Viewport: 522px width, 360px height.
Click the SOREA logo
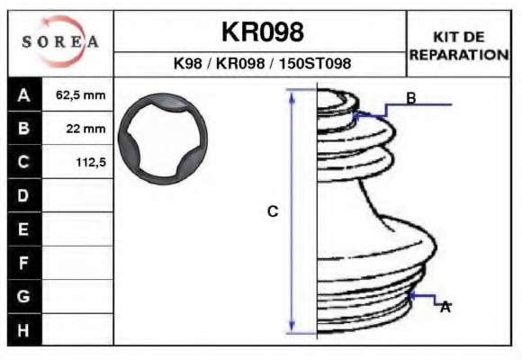click(60, 41)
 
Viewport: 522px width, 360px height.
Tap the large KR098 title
click(263, 32)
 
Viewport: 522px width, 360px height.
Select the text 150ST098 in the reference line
click(315, 63)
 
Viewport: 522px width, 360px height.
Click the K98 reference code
click(188, 63)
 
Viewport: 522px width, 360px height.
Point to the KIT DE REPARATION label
click(459, 46)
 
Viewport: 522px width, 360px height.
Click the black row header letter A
click(24, 95)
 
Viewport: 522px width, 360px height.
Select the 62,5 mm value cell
click(81, 95)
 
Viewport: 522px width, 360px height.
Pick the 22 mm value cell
click(85, 129)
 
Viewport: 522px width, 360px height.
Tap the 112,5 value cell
click(91, 162)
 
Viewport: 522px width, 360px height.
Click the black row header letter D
click(23, 195)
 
